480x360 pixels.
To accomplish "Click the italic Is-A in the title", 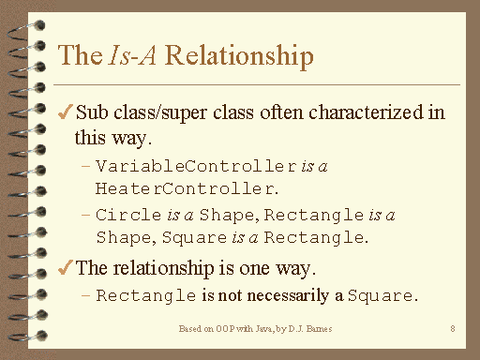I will click(x=125, y=55).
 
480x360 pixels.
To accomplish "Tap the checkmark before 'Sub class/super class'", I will click(x=65, y=113).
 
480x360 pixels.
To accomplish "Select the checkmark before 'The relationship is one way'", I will click(x=65, y=267).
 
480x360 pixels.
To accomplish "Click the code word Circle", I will click(x=124, y=215).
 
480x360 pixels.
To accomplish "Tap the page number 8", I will click(x=453, y=329).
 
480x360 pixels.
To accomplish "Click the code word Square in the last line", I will click(x=380, y=296).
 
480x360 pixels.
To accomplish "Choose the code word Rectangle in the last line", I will click(x=144, y=296).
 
